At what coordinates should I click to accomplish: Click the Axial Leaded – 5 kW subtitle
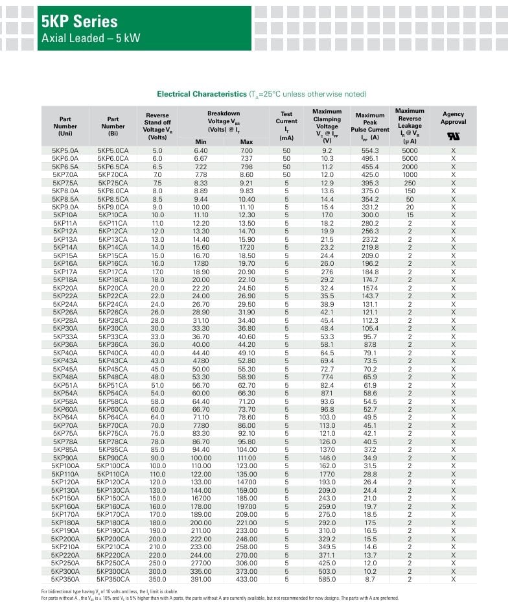[90, 39]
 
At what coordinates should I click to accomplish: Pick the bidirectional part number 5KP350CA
[113, 579]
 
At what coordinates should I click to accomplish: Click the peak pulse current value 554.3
[370, 150]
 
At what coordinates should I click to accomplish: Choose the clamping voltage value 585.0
[327, 579]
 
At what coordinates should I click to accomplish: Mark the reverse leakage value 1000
[410, 175]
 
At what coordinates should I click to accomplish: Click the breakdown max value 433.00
[246, 579]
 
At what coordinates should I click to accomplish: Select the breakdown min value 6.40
[201, 150]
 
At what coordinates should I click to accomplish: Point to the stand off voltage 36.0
[157, 345]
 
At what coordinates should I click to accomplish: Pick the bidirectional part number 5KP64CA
[113, 417]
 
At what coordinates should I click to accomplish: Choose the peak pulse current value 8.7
[370, 579]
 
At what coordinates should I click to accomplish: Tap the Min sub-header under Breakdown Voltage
[201, 141]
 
